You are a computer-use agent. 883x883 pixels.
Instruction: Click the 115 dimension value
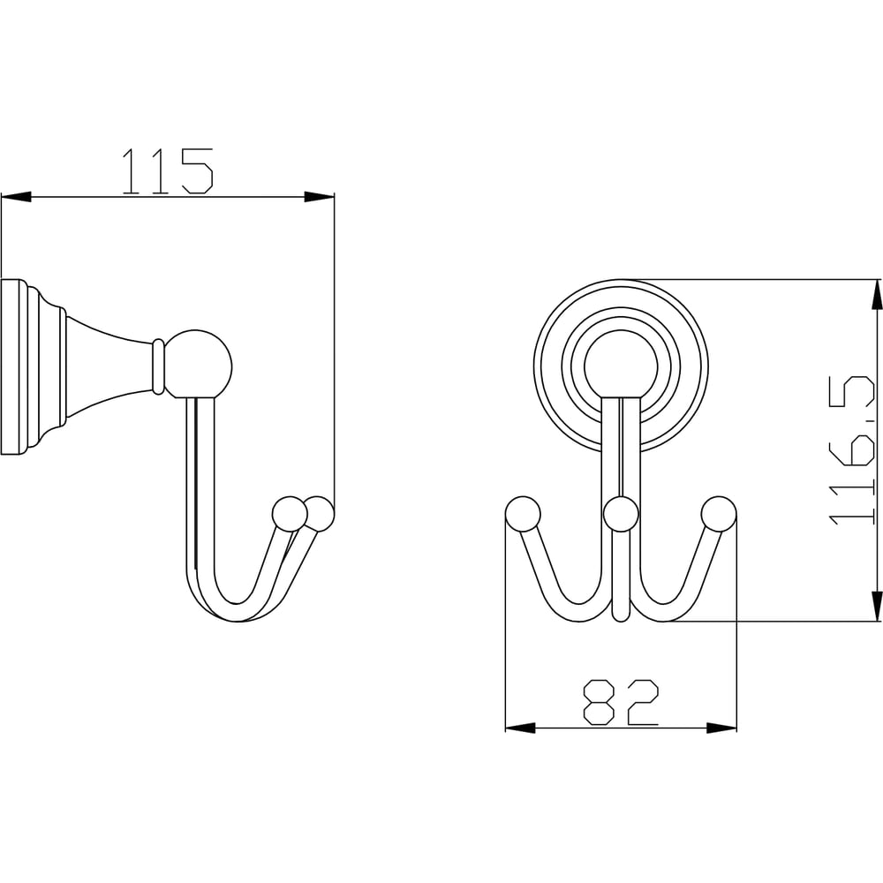(168, 171)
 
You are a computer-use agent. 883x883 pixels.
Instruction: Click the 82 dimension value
(621, 702)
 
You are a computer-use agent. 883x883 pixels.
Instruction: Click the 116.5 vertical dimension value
(853, 451)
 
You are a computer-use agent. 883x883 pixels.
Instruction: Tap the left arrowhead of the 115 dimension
(16, 197)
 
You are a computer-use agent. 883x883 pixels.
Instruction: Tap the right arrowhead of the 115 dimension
(320, 197)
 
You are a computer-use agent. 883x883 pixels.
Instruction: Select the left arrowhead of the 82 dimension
(520, 728)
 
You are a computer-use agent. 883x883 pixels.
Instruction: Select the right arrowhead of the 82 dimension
(722, 728)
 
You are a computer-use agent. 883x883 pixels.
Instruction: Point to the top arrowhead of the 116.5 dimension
(877, 294)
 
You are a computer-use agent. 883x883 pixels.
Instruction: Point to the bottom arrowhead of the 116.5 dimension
(877, 607)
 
